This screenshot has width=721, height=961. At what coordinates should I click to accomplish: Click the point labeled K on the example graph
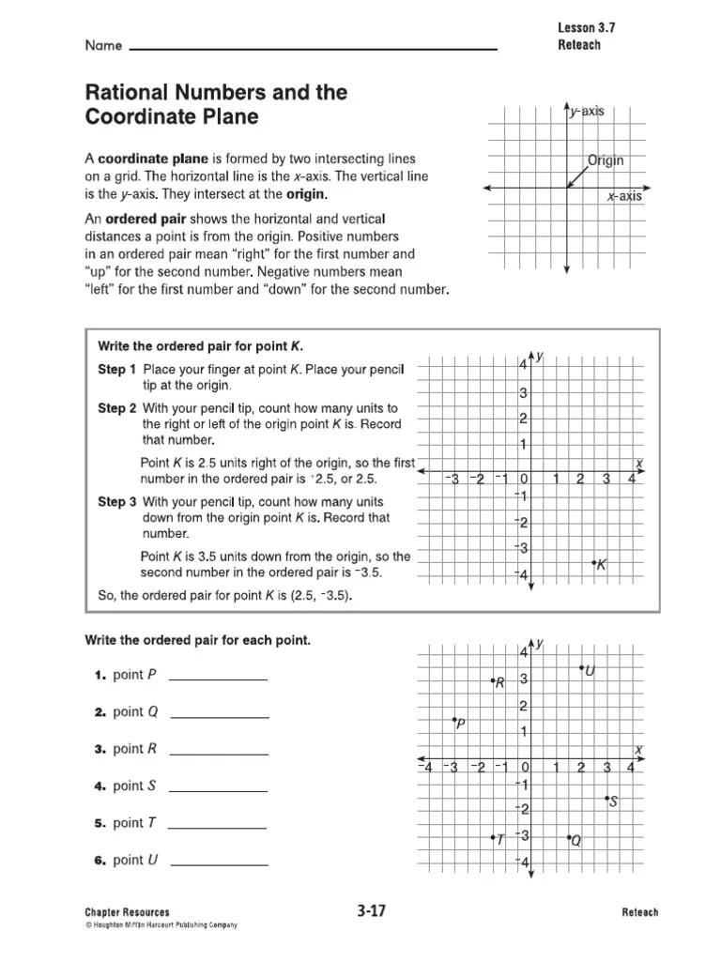(x=594, y=562)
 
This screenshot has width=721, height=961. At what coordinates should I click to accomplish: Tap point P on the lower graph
(x=453, y=719)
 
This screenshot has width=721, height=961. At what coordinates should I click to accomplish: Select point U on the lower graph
(x=581, y=668)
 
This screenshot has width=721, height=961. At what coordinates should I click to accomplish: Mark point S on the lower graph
(x=607, y=798)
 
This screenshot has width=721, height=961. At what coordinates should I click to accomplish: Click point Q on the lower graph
(x=569, y=838)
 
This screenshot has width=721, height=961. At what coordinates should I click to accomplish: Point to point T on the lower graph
(x=492, y=838)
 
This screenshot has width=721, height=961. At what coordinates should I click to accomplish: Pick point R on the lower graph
(x=492, y=680)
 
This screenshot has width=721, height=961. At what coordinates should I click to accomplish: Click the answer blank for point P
(x=218, y=677)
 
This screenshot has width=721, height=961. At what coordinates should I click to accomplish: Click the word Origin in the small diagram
(x=606, y=160)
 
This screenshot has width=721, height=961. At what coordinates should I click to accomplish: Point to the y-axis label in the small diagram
(x=587, y=112)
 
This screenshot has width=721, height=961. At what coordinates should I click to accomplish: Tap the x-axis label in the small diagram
(x=624, y=197)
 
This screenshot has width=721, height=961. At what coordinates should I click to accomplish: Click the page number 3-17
(x=372, y=910)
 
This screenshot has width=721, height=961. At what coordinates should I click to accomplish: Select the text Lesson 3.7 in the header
(x=587, y=27)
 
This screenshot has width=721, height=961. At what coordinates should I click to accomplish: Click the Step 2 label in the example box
(x=117, y=408)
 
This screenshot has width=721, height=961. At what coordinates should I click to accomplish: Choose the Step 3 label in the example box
(x=117, y=501)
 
